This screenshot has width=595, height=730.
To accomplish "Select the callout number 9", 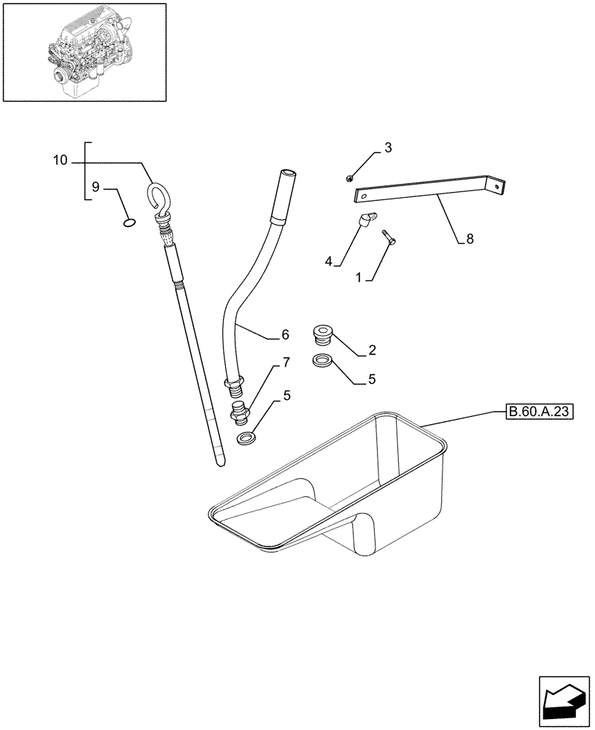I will tap(95, 187).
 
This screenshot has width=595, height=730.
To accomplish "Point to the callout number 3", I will tap(388, 148).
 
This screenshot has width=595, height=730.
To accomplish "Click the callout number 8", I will tap(470, 239).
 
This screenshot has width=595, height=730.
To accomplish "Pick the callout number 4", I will tap(329, 260).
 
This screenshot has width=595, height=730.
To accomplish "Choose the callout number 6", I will tap(285, 335).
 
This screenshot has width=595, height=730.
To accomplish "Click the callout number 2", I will tap(372, 351).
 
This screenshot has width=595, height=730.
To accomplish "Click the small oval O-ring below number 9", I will tap(128, 223).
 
